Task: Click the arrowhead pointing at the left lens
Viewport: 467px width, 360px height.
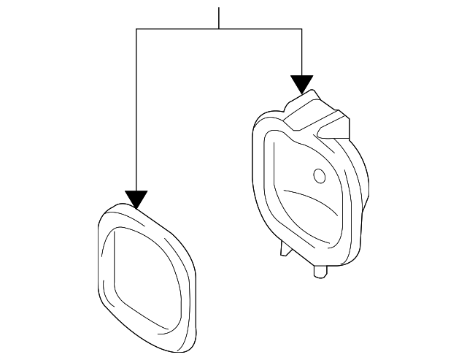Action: [136, 199]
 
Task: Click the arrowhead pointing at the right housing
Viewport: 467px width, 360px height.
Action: [301, 83]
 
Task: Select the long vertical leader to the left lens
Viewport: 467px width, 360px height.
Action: [136, 110]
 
